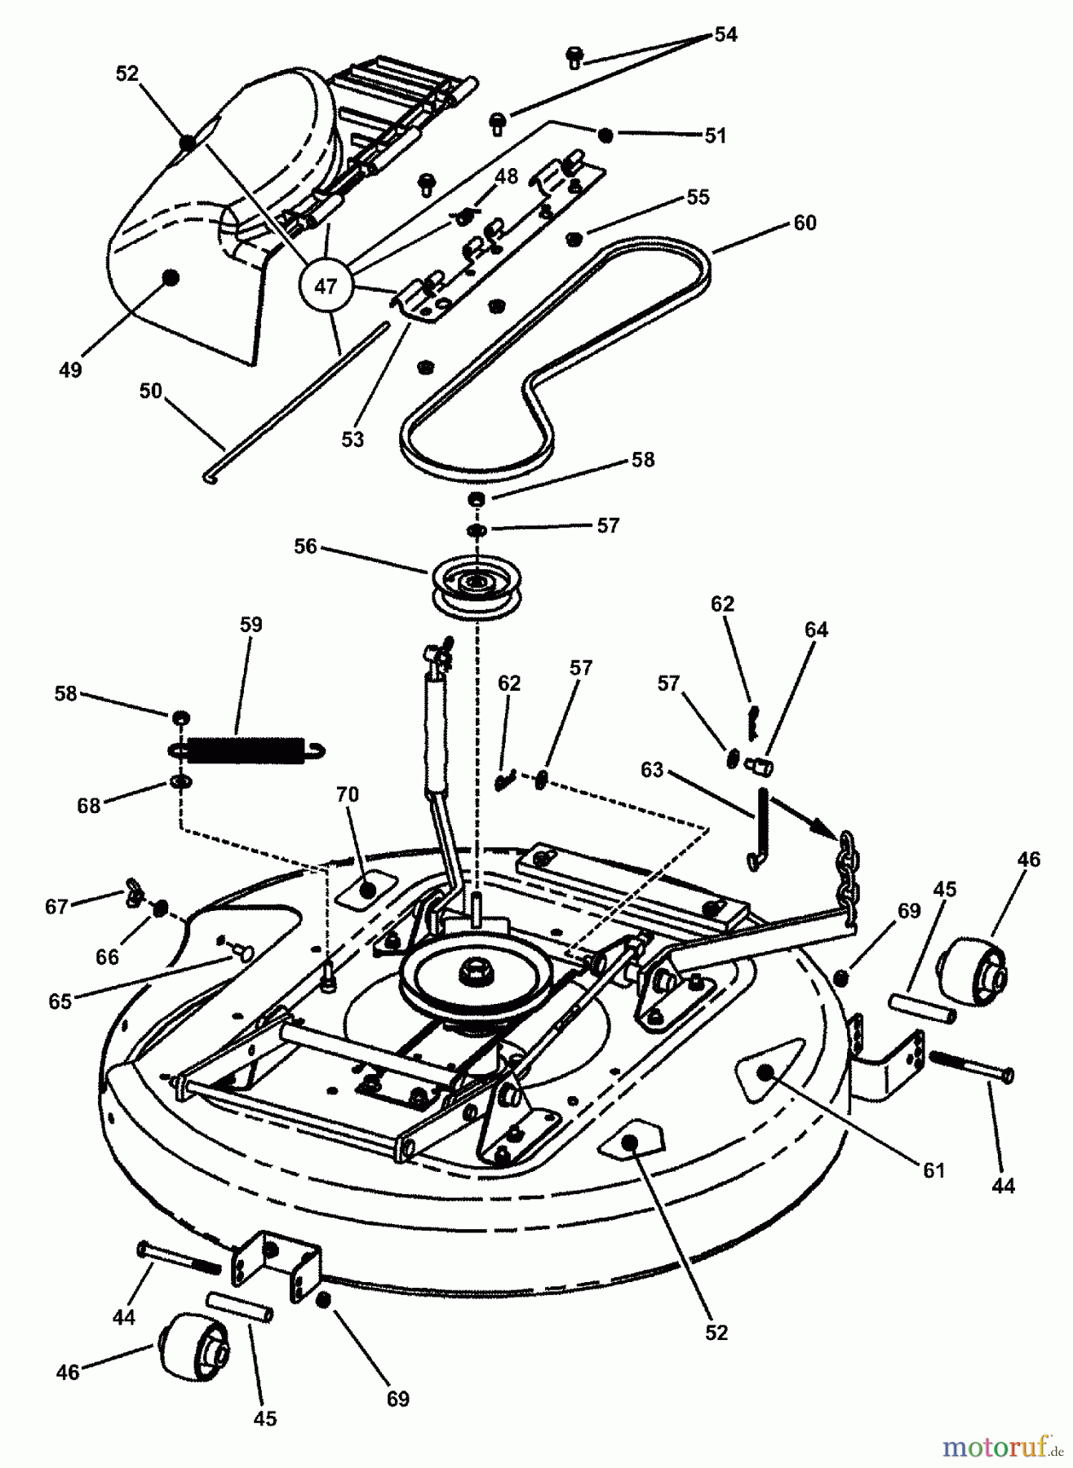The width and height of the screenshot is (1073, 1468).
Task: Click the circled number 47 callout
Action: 325,286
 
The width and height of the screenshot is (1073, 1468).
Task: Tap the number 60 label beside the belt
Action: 804,223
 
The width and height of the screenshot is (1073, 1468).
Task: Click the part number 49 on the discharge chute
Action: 71,369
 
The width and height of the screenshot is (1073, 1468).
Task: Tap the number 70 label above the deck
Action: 347,794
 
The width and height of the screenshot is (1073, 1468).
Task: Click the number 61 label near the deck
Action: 933,1170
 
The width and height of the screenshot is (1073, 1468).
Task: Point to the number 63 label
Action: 653,770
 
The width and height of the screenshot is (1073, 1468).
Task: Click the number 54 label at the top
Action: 725,34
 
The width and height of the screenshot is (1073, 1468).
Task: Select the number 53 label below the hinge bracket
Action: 352,440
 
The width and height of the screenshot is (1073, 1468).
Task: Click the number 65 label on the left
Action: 60,1001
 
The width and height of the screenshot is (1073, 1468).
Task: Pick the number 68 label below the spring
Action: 88,806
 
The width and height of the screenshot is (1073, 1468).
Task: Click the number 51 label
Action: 715,135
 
